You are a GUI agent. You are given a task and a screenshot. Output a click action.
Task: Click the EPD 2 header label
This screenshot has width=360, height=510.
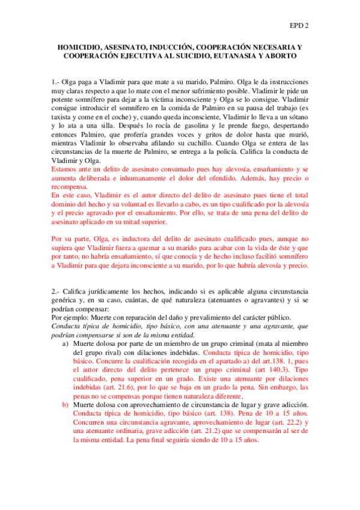tap(299, 25)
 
